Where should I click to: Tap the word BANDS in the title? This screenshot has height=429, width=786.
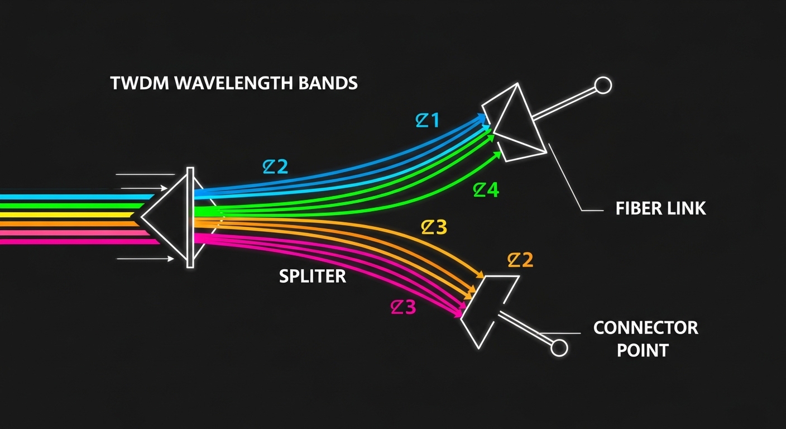pyautogui.click(x=329, y=84)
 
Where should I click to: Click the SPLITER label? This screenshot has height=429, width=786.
pyautogui.click(x=313, y=276)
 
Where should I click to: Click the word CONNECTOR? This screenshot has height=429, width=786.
pyautogui.click(x=645, y=327)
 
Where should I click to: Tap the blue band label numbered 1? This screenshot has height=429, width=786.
pyautogui.click(x=428, y=121)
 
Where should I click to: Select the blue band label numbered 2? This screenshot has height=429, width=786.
pyautogui.click(x=276, y=166)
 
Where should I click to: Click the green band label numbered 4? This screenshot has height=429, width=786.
pyautogui.click(x=486, y=190)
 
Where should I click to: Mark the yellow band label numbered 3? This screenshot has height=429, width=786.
pyautogui.click(x=434, y=227)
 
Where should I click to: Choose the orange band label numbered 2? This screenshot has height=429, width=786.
pyautogui.click(x=520, y=260)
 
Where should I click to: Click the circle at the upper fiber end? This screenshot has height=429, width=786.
pyautogui.click(x=603, y=85)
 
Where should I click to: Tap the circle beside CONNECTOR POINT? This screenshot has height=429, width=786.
pyautogui.click(x=559, y=348)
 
